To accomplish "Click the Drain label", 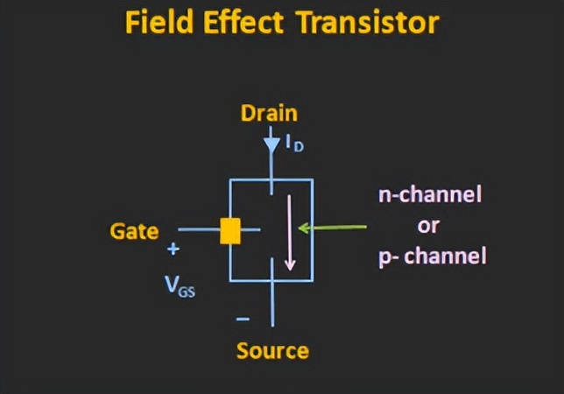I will [269, 114].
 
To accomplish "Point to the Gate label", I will [134, 231].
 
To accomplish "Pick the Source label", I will [272, 351].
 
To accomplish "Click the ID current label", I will [293, 143].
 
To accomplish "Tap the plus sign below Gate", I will [173, 250].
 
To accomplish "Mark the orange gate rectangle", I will [230, 230].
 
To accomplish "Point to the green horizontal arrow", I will [333, 229].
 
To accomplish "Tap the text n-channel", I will [430, 194].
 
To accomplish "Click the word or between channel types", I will [428, 225].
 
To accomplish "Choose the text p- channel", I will [432, 257].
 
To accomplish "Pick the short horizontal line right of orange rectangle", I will [250, 230].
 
